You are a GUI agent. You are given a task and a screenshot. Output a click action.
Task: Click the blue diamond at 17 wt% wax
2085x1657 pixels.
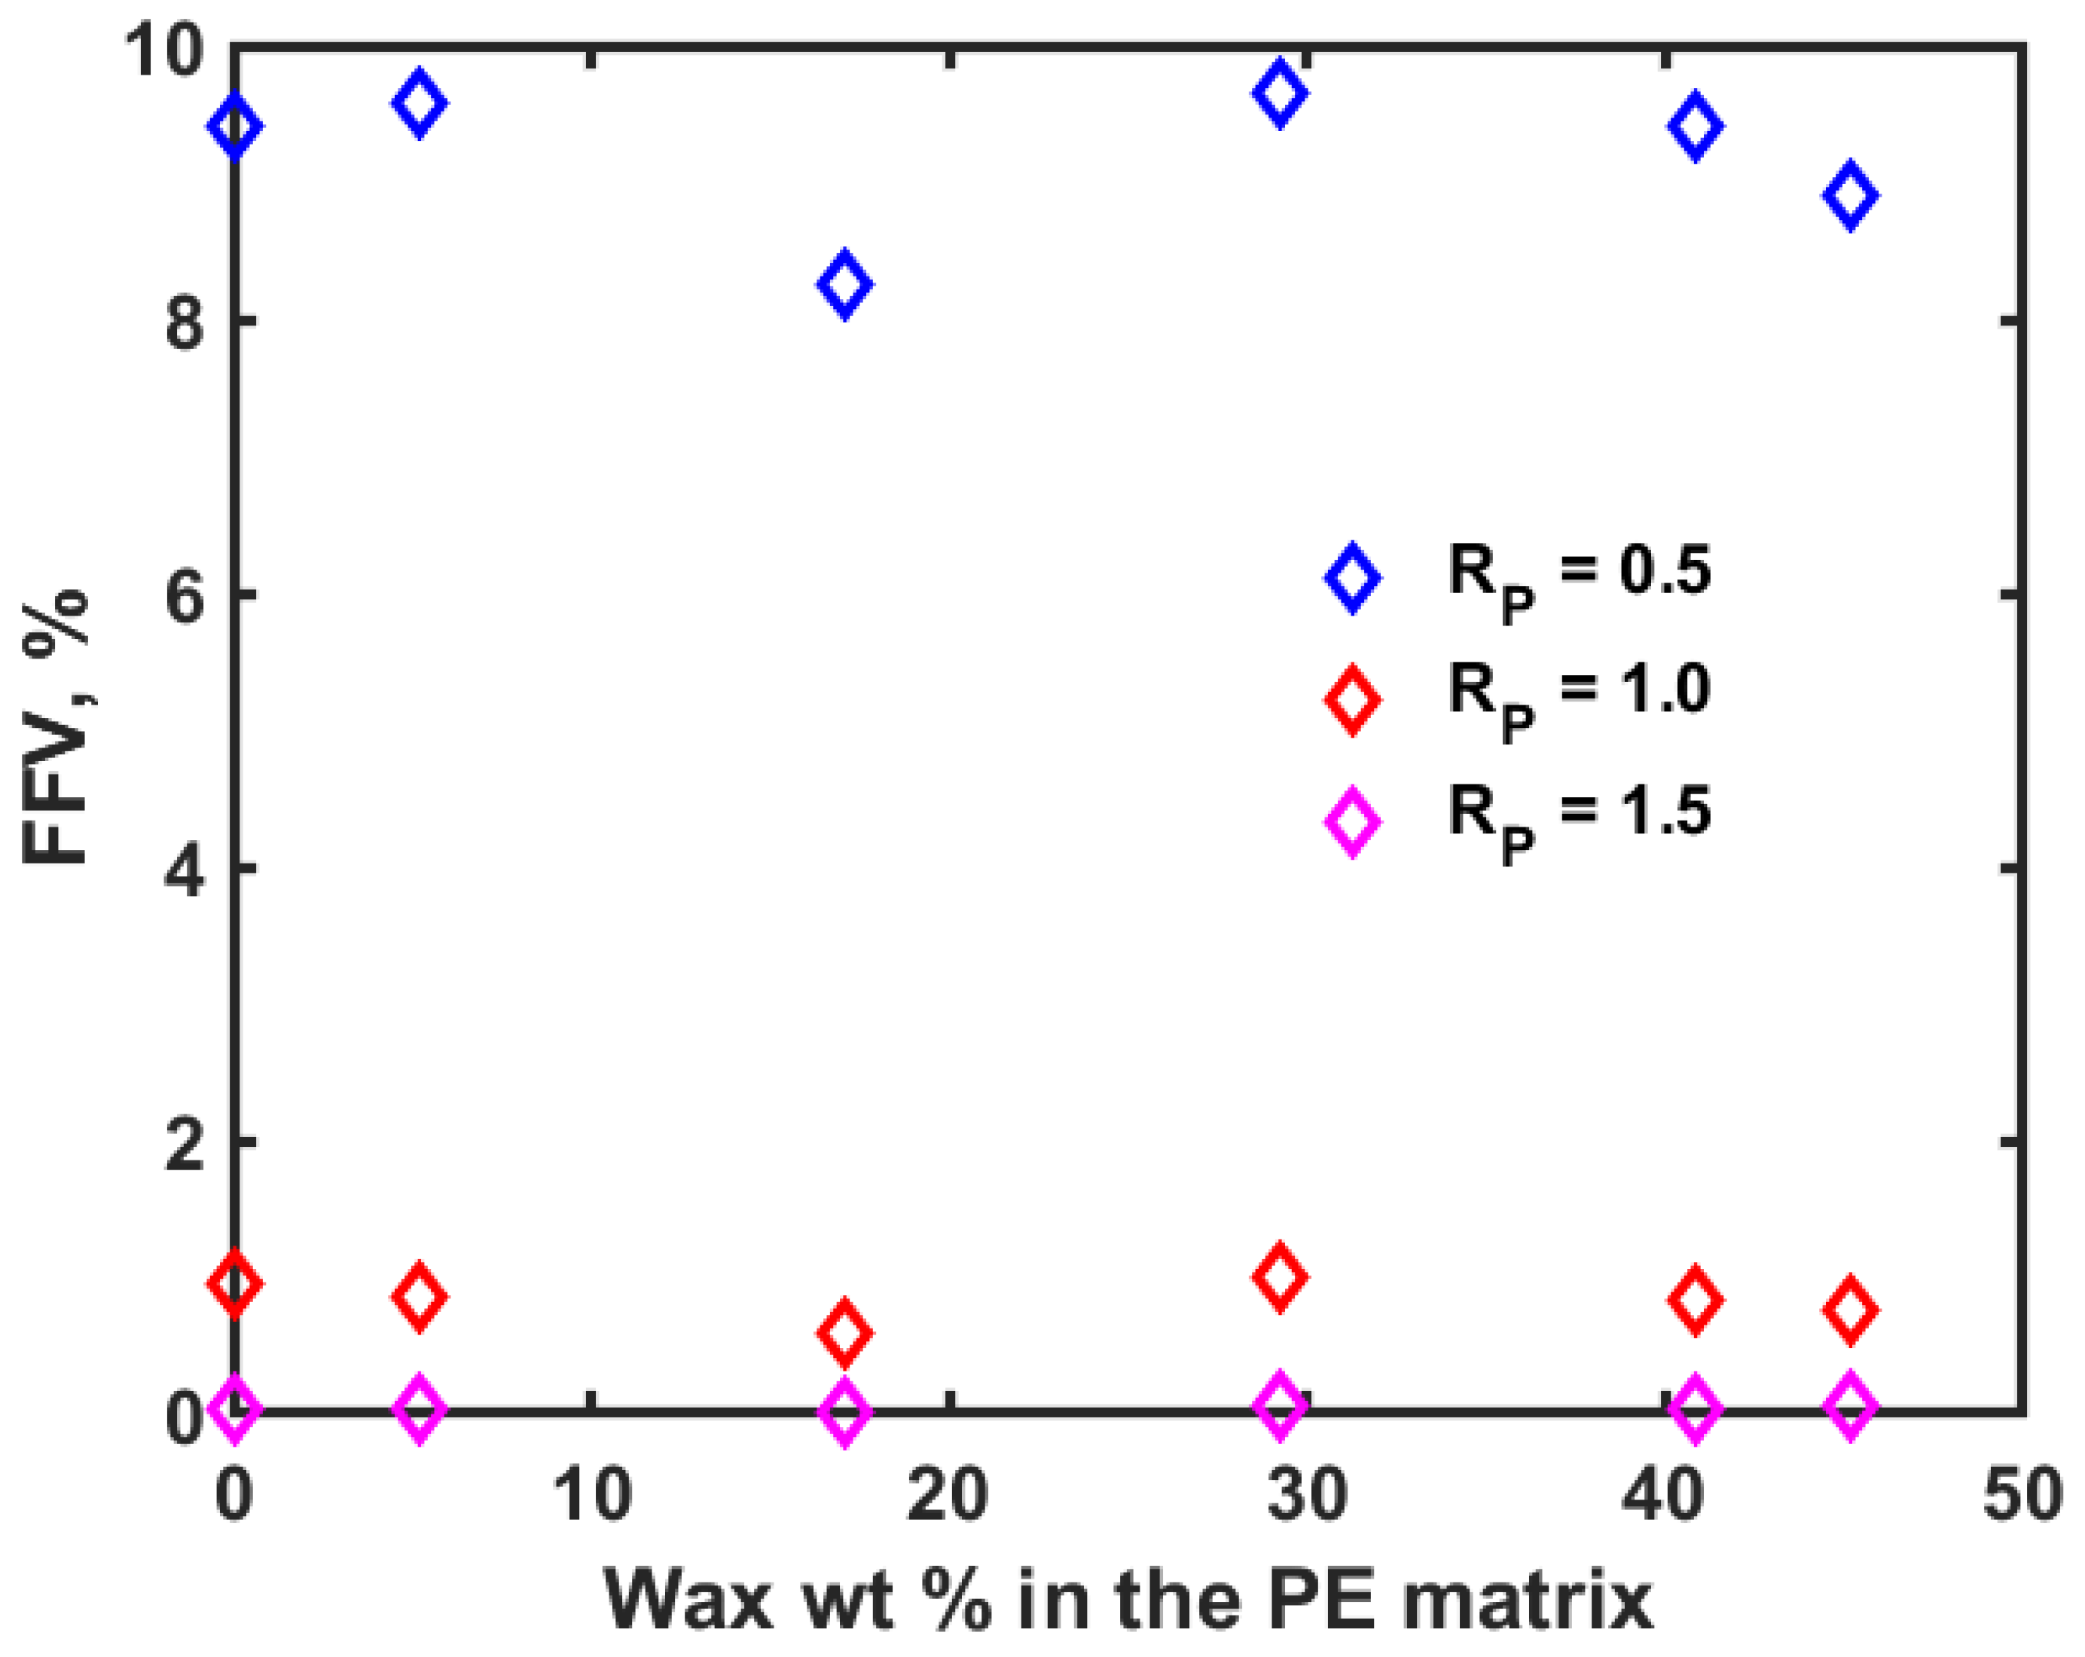coord(844,283)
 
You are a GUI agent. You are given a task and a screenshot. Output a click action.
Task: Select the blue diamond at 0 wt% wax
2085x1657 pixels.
coord(235,126)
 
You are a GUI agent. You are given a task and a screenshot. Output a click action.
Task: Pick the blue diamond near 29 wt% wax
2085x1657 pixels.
coord(1280,93)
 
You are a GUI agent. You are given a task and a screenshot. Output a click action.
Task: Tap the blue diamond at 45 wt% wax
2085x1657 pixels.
coord(1850,195)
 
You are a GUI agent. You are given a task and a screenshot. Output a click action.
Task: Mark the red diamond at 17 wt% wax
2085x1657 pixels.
coord(844,1332)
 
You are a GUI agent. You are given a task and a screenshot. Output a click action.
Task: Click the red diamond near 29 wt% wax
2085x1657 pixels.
coord(1280,1277)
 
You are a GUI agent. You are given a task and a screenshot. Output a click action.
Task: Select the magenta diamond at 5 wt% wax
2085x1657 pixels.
coord(418,1408)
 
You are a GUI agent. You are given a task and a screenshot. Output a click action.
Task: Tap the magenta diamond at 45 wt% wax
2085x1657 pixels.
coord(1850,1405)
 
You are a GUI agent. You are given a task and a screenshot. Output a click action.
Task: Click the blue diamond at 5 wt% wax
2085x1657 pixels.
coord(418,102)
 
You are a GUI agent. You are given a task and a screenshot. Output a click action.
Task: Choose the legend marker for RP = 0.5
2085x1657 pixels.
coord(1352,577)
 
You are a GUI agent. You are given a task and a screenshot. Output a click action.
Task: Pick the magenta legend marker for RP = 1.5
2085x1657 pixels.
coord(1352,821)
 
